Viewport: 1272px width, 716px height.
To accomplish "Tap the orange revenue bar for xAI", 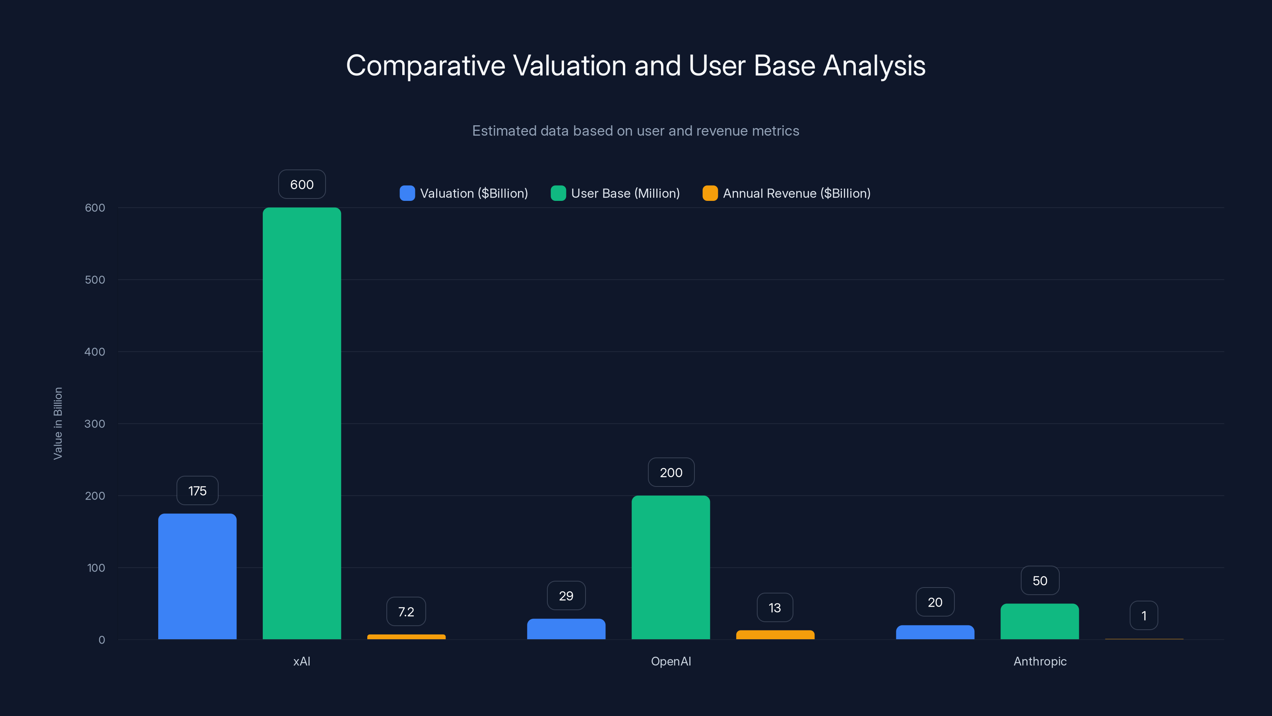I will (x=406, y=636).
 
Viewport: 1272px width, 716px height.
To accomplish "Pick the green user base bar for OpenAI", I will (x=671, y=567).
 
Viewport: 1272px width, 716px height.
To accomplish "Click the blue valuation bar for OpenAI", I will (x=566, y=628).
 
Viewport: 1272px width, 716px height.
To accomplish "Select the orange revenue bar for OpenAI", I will (x=775, y=634).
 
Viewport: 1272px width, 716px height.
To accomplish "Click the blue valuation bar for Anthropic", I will (x=935, y=632).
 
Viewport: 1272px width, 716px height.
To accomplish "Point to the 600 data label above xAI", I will (x=302, y=184).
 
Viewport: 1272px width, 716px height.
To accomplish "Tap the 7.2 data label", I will (x=406, y=612).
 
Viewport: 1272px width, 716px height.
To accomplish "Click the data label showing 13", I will (x=775, y=608).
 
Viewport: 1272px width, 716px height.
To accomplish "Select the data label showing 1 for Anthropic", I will (x=1144, y=616).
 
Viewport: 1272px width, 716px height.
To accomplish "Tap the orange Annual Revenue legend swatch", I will (x=710, y=193).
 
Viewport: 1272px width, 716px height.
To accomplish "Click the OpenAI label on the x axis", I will (x=671, y=661).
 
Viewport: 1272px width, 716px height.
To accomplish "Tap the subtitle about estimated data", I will (x=636, y=131).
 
